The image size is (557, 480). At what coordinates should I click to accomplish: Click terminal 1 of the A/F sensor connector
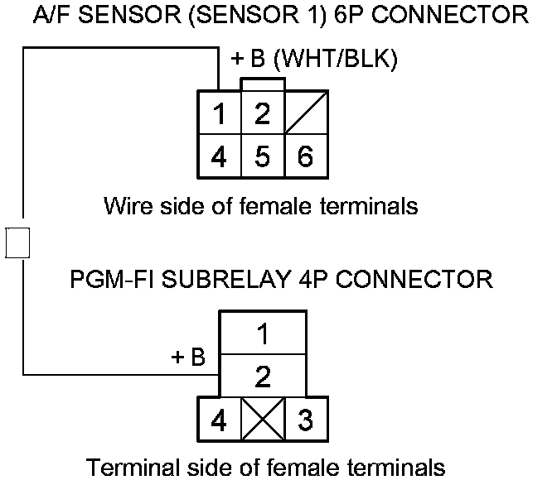pyautogui.click(x=219, y=113)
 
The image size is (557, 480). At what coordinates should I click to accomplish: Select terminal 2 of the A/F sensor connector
pyautogui.click(x=262, y=113)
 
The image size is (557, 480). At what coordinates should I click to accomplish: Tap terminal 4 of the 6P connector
pyautogui.click(x=219, y=156)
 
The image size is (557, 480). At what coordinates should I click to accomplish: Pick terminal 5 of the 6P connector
pyautogui.click(x=262, y=156)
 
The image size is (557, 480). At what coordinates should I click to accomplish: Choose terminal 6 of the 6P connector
pyautogui.click(x=305, y=156)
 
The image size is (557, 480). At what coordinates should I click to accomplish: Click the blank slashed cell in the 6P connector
pyautogui.click(x=305, y=113)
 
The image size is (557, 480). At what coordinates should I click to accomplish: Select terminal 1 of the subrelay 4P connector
pyautogui.click(x=262, y=334)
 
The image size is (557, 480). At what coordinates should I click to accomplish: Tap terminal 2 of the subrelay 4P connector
pyautogui.click(x=262, y=377)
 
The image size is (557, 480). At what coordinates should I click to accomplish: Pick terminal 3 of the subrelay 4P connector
pyautogui.click(x=305, y=420)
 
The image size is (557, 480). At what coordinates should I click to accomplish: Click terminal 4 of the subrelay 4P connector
pyautogui.click(x=219, y=420)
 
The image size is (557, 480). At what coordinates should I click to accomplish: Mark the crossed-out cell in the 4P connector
pyautogui.click(x=262, y=420)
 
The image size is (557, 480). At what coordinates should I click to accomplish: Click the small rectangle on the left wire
pyautogui.click(x=17, y=242)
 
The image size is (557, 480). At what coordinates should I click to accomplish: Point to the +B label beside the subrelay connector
pyautogui.click(x=188, y=358)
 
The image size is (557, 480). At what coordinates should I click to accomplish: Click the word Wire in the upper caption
pyautogui.click(x=126, y=205)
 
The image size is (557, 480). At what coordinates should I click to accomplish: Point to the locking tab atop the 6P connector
pyautogui.click(x=262, y=84)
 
